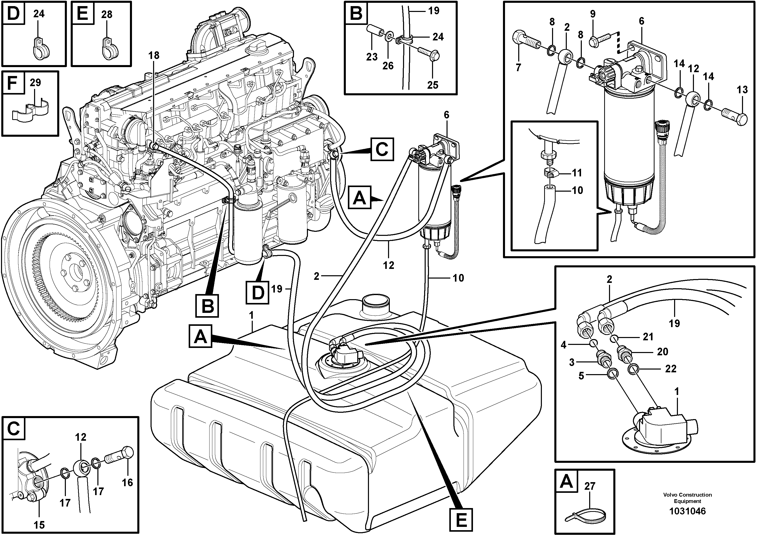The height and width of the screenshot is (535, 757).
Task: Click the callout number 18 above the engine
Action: tap(154, 55)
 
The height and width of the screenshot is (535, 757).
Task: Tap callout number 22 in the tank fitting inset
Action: tap(671, 369)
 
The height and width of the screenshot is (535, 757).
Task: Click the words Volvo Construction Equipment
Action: tap(687, 498)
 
